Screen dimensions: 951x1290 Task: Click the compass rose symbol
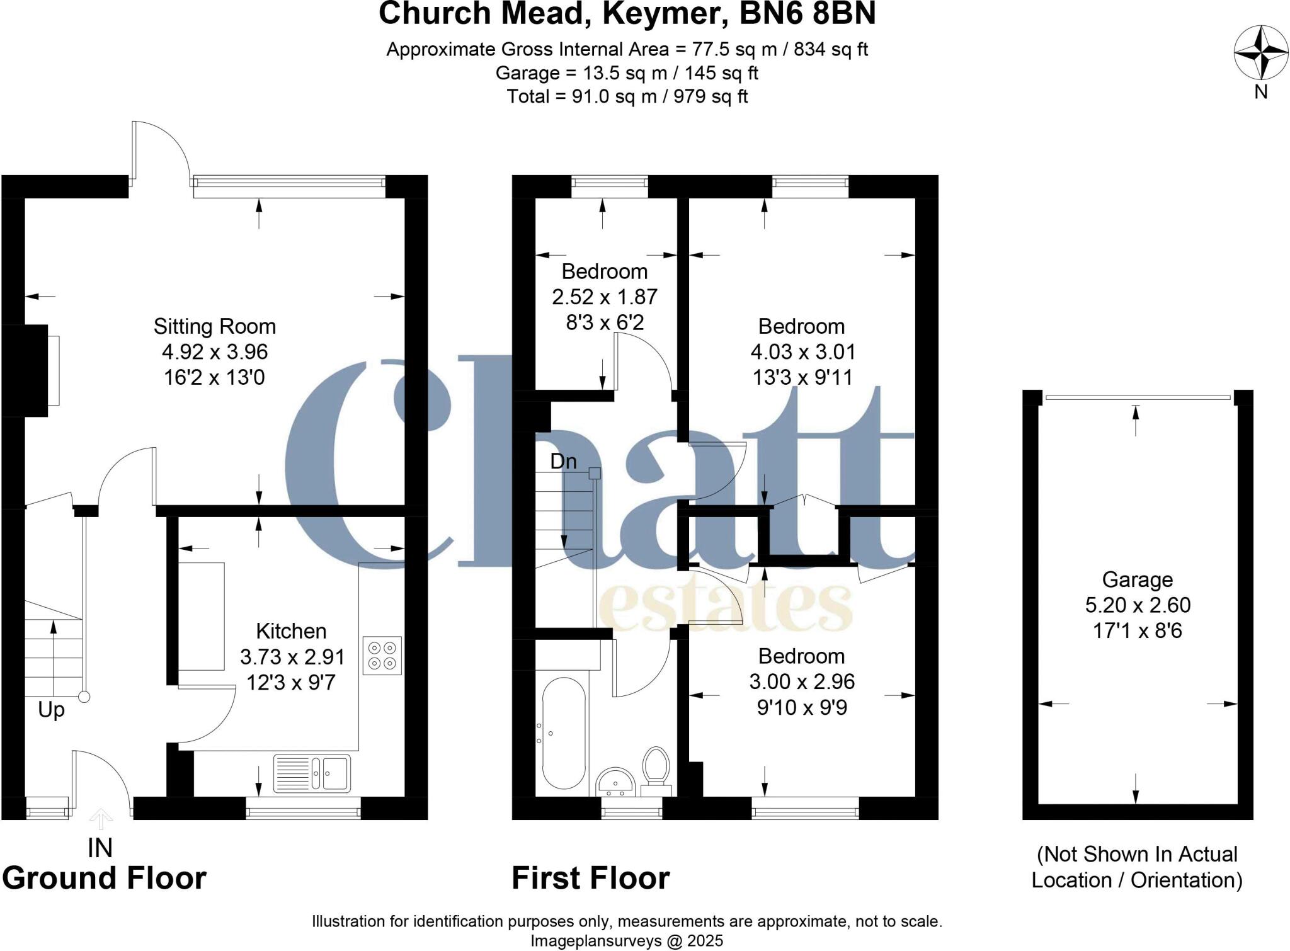[x=1260, y=53]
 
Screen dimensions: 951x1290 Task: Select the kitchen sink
[x=312, y=773]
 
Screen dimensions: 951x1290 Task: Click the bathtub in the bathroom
[x=563, y=733]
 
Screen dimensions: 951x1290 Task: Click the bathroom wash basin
[x=615, y=782]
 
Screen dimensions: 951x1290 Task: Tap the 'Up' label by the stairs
[x=51, y=710]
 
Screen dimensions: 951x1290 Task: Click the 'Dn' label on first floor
[x=563, y=462]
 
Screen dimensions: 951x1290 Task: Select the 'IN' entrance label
[x=100, y=849]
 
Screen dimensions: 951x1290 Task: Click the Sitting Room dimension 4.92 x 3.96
[x=215, y=351]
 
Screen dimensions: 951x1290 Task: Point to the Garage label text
[x=1138, y=579]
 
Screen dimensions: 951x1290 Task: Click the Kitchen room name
[x=291, y=631]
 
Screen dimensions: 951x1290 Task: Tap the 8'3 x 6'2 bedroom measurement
[x=605, y=322]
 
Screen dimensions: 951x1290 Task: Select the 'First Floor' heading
[x=590, y=879]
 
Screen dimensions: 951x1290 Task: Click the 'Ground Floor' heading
[x=104, y=879]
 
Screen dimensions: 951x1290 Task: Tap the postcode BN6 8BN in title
[x=808, y=14]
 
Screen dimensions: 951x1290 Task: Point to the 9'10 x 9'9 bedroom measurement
[x=802, y=707]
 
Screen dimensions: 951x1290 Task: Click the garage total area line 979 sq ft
[x=627, y=96]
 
